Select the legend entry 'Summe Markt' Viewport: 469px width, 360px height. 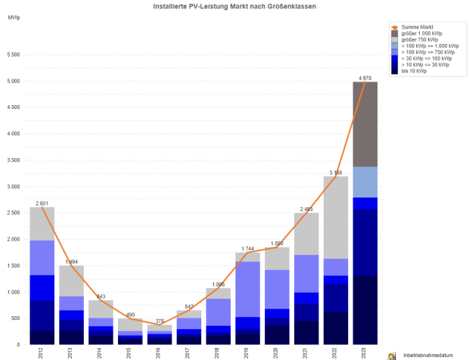tap(412, 26)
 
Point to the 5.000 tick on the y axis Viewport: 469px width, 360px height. tap(13, 81)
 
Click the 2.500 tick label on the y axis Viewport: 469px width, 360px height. tap(13, 213)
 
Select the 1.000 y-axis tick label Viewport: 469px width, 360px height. tap(13, 292)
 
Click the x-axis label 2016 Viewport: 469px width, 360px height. tap(160, 352)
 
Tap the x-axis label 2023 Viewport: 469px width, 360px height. tap(365, 352)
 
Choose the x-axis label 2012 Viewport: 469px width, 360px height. tap(42, 352)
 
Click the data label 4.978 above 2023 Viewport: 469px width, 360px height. tap(365, 76)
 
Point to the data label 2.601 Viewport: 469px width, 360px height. tap(42, 203)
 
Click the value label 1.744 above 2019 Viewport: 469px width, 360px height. tap(247, 248)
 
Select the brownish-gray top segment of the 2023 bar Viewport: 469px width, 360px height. tap(365, 124)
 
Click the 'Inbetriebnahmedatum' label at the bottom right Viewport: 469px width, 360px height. tap(427, 354)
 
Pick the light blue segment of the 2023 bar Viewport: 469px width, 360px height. tap(365, 182)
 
